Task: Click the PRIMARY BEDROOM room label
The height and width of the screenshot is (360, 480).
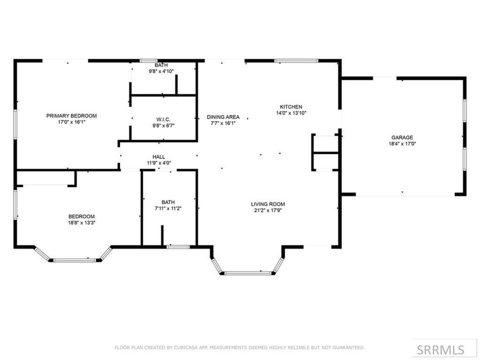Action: click(x=71, y=115)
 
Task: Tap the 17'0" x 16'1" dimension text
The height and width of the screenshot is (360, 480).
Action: click(x=71, y=122)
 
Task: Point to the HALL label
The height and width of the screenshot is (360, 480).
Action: click(x=159, y=157)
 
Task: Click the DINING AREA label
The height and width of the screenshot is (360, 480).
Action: click(x=223, y=117)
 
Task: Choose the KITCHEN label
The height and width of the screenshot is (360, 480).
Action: click(x=291, y=107)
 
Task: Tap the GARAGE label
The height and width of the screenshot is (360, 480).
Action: click(x=403, y=138)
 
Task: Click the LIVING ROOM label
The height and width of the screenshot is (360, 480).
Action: click(x=268, y=204)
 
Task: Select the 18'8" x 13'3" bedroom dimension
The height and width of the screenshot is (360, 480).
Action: click(x=82, y=223)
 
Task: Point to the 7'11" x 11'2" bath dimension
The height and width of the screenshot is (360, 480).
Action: click(x=168, y=209)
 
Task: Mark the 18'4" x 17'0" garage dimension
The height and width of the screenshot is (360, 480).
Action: click(x=403, y=144)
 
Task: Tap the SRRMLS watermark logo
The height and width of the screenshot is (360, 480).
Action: click(x=445, y=348)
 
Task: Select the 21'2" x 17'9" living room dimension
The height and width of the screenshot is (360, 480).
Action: click(x=268, y=210)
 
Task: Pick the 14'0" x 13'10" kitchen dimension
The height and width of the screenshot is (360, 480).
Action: click(x=291, y=113)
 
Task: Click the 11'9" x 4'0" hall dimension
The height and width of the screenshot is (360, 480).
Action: click(x=159, y=163)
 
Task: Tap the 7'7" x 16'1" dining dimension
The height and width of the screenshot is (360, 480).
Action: click(x=223, y=123)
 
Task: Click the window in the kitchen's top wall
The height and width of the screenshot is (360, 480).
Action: click(x=296, y=60)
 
